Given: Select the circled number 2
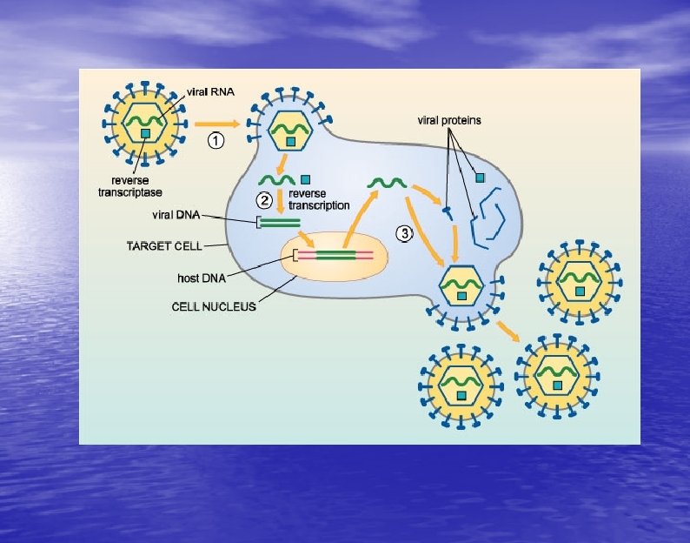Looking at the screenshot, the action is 264,198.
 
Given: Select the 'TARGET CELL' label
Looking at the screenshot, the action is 158,246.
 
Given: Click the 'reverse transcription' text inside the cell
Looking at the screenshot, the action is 319,199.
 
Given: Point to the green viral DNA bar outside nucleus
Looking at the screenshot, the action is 280,222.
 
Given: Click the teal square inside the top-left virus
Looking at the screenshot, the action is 145,132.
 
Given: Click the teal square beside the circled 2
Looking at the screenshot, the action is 305,180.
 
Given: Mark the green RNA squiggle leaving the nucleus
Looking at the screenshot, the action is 387,182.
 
